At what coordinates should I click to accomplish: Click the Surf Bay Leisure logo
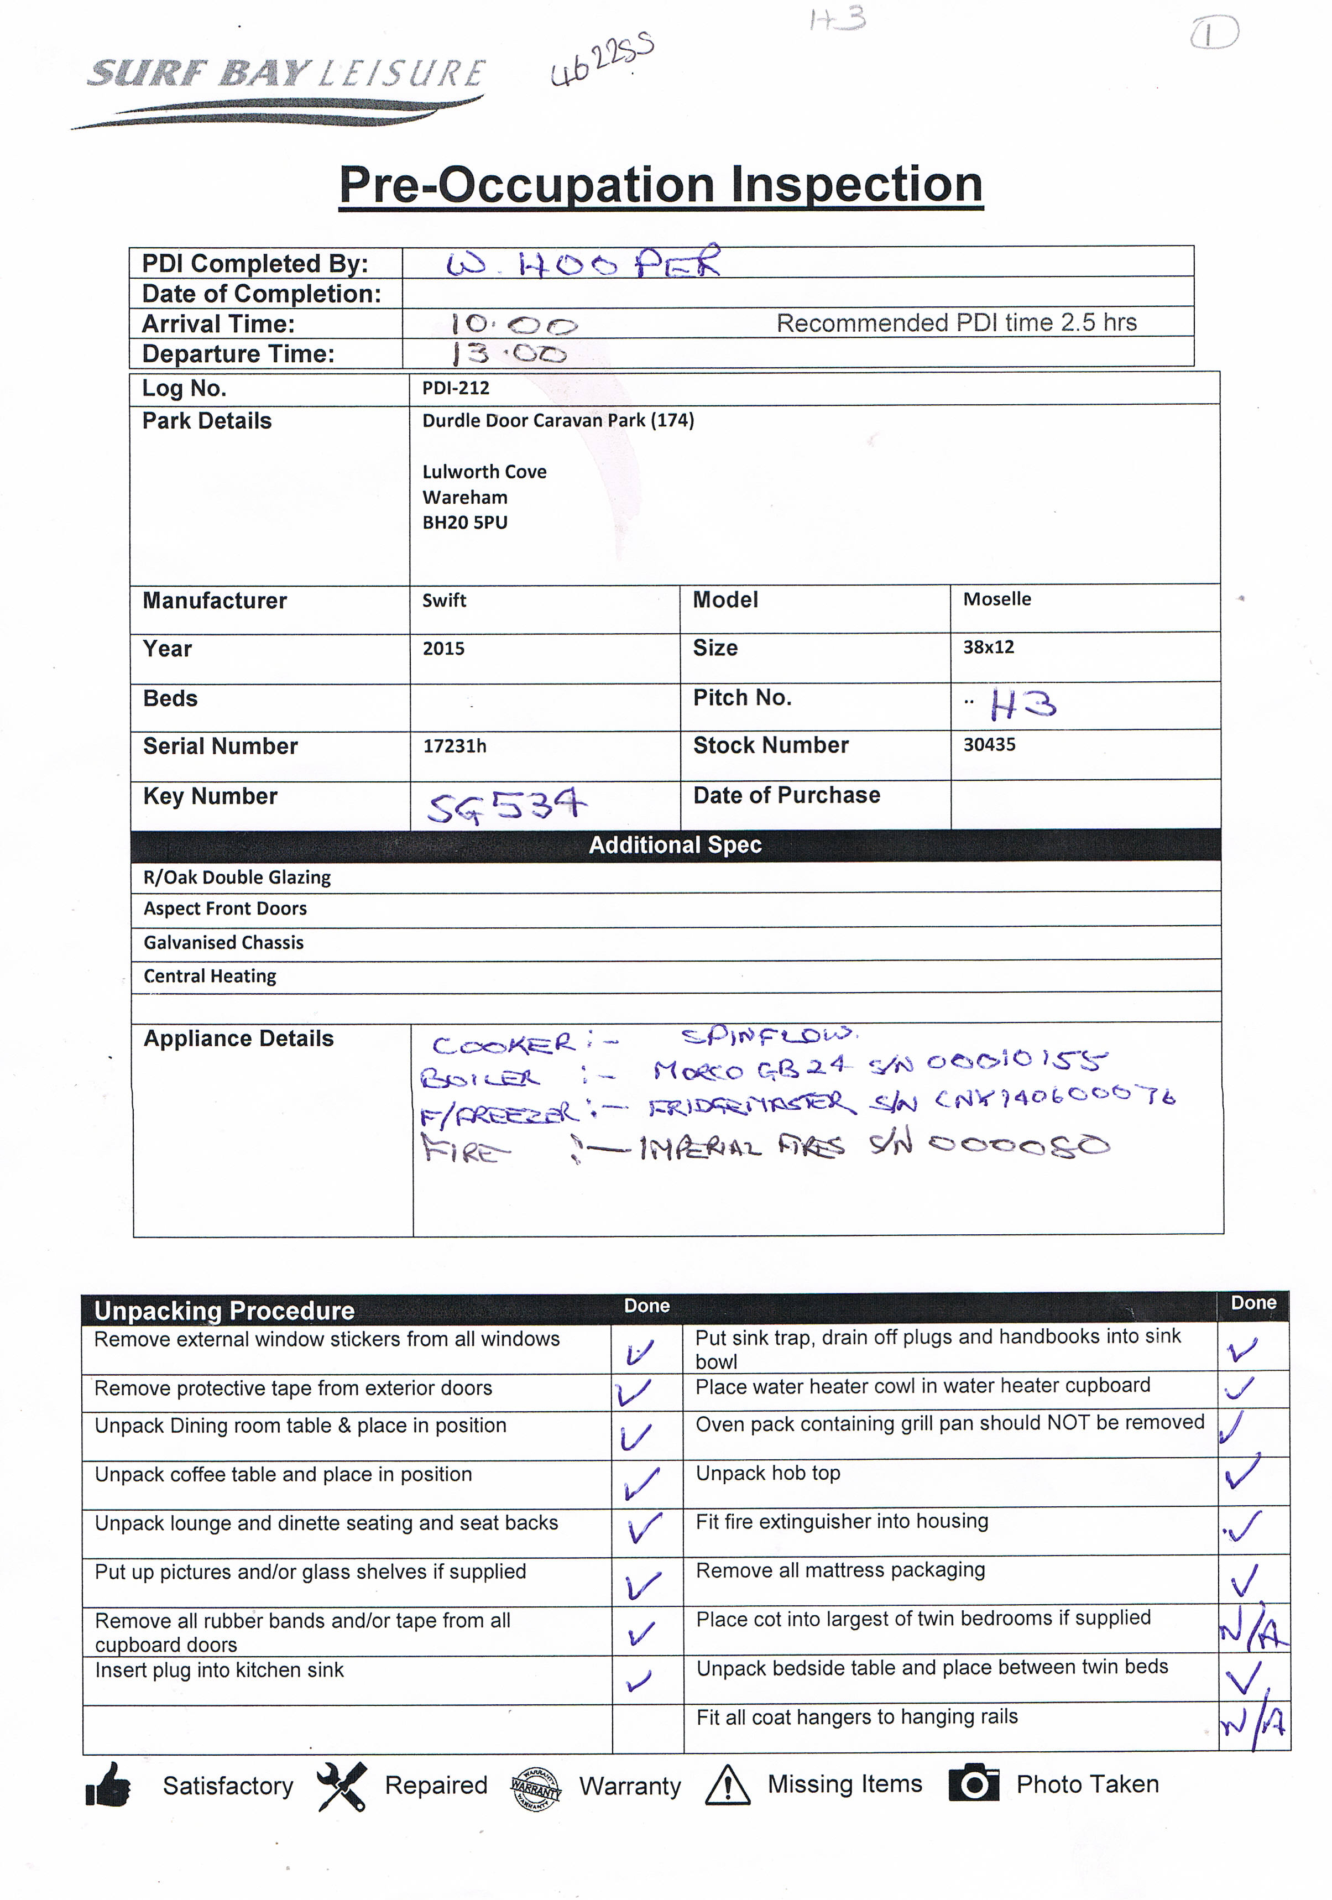coord(285,90)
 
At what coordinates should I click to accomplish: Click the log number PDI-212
coord(456,388)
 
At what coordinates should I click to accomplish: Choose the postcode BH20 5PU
coord(465,522)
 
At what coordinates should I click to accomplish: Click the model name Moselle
coord(997,599)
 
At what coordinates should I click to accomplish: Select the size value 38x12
coord(989,647)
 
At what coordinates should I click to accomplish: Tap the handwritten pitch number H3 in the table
coord(1023,705)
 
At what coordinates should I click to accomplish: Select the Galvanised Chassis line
coord(223,943)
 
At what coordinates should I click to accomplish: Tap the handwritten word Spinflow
coord(770,1035)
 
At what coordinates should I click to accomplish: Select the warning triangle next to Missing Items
coord(727,1785)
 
